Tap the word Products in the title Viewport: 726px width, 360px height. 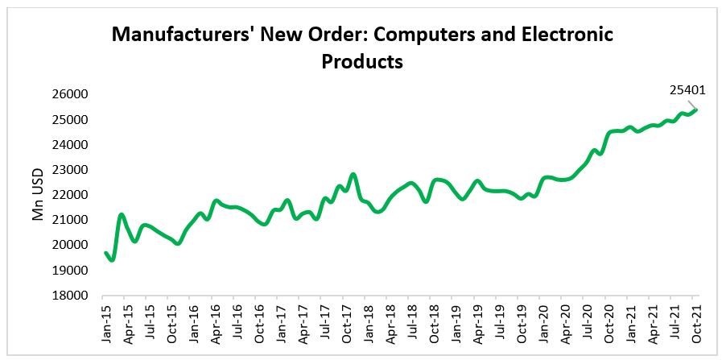pyautogui.click(x=362, y=60)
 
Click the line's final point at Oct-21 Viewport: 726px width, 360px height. pyautogui.click(x=696, y=110)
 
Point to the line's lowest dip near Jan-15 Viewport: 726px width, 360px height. pyautogui.click(x=112, y=259)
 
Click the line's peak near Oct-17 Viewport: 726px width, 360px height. pyautogui.click(x=353, y=174)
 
